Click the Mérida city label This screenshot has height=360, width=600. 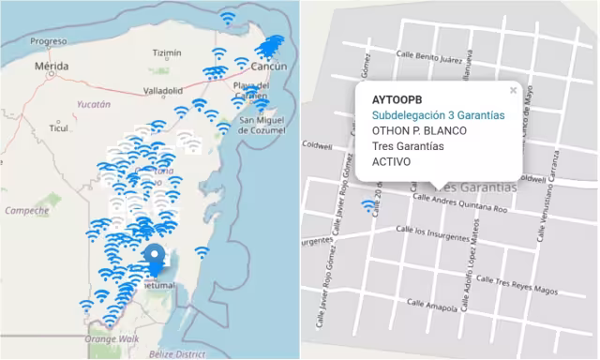click(x=52, y=67)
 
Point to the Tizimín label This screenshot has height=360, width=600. click(x=167, y=52)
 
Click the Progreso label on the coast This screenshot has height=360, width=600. click(x=48, y=41)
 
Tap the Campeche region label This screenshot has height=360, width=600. click(x=26, y=211)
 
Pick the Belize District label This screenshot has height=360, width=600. click(x=174, y=354)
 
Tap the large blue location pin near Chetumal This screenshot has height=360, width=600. click(x=156, y=258)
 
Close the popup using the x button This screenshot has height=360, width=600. click(x=513, y=91)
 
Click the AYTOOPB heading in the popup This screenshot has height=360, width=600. click(x=396, y=99)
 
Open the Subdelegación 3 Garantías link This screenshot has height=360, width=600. click(x=435, y=115)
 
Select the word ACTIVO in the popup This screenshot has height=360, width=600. click(x=392, y=161)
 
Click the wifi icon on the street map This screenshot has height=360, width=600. click(x=367, y=206)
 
